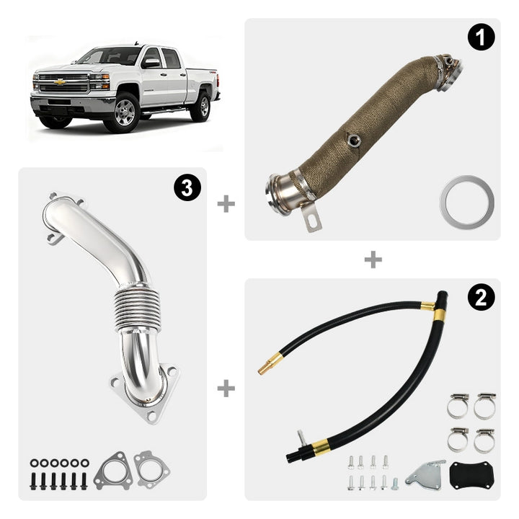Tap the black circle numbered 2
coord(481,297)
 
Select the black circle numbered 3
coord(187,187)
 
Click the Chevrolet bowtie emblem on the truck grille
coord(60,81)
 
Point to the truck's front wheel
coord(125,112)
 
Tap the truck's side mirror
coord(151,63)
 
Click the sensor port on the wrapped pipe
coord(353,141)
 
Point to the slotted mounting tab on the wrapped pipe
coord(311,218)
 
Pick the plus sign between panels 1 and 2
coord(373,259)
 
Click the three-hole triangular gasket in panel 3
coord(114,470)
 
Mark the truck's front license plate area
coord(60,102)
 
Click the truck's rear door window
coord(171,58)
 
